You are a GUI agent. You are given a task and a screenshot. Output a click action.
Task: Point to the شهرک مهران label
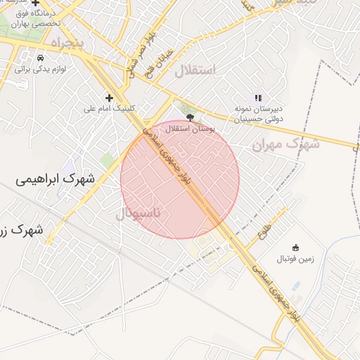285,143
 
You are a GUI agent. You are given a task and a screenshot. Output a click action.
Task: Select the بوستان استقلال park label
189,130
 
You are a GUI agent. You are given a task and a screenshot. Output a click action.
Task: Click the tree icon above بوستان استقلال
189,118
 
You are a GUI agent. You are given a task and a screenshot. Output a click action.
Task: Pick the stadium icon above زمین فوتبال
295,247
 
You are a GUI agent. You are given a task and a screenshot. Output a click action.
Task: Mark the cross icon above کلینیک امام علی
108,98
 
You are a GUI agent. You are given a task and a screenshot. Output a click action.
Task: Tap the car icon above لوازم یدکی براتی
41,57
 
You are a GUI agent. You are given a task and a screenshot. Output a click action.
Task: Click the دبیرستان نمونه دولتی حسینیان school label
257,115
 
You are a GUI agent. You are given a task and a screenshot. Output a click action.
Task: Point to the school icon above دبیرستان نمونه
257,98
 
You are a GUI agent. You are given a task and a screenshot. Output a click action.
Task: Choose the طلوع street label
265,228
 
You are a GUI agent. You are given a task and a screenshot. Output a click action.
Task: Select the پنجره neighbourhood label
71,44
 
